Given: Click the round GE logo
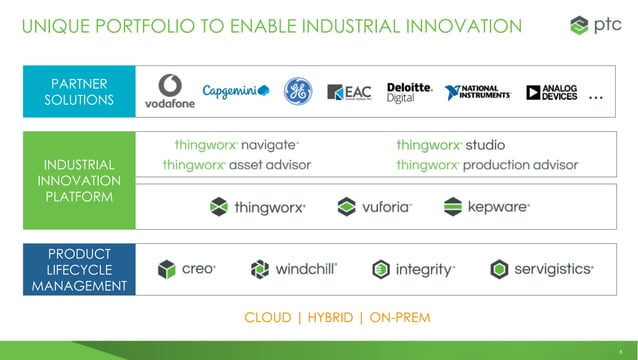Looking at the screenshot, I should pyautogui.click(x=297, y=91).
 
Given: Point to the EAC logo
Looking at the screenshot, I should pyautogui.click(x=351, y=93).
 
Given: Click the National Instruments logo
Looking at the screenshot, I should pyautogui.click(x=478, y=92).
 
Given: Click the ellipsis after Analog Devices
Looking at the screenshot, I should pyautogui.click(x=597, y=97).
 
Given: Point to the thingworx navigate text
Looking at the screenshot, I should pyautogui.click(x=229, y=144).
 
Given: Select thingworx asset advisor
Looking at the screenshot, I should pyautogui.click(x=236, y=164).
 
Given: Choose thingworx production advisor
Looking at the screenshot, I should pyautogui.click(x=487, y=164).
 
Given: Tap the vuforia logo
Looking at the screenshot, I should pyautogui.click(x=374, y=208).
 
